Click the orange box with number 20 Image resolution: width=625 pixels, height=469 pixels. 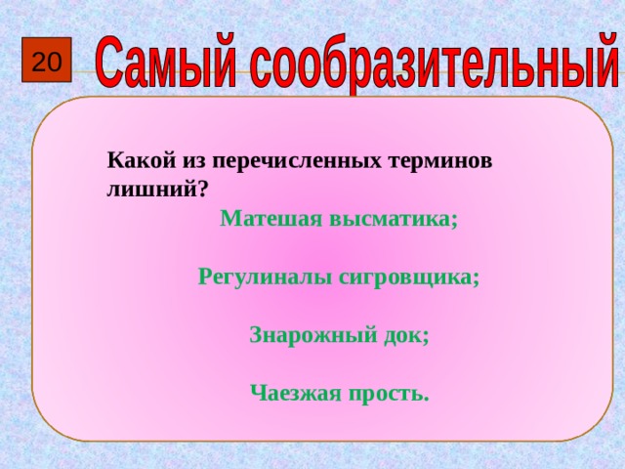click(46, 64)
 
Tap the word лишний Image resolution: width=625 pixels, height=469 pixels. click(150, 190)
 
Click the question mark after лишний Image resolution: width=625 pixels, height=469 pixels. click(202, 190)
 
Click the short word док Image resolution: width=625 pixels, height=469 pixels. click(402, 335)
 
